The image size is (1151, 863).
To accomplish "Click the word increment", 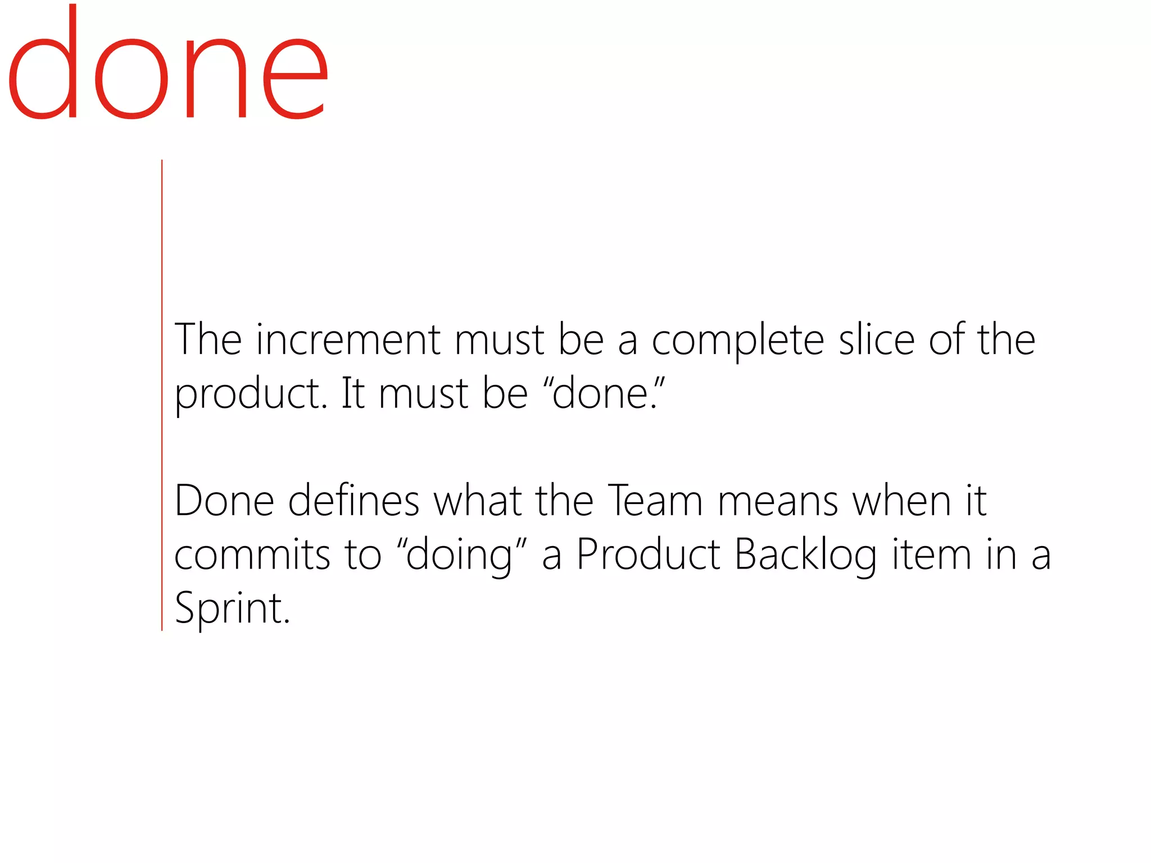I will coord(348,340).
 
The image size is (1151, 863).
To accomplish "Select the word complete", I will coord(737,341).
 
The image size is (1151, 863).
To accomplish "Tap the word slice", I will coord(877,340).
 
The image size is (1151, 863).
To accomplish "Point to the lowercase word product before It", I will coord(250,394).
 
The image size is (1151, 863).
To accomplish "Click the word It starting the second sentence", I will coord(354,393).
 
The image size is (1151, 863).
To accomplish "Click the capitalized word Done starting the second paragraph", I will coord(224,501).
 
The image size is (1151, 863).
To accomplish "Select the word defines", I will coord(354,501).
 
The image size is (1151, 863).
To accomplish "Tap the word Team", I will coord(655,501).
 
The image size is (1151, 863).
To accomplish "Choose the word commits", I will coord(252,555).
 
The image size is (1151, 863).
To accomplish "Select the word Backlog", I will coord(805,555).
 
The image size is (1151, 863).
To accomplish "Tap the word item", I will coord(932,555).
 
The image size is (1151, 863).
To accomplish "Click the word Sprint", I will coord(232,608).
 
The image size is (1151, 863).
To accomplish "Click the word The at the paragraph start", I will coord(208,340).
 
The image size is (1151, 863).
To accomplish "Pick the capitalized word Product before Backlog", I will coord(648,555).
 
